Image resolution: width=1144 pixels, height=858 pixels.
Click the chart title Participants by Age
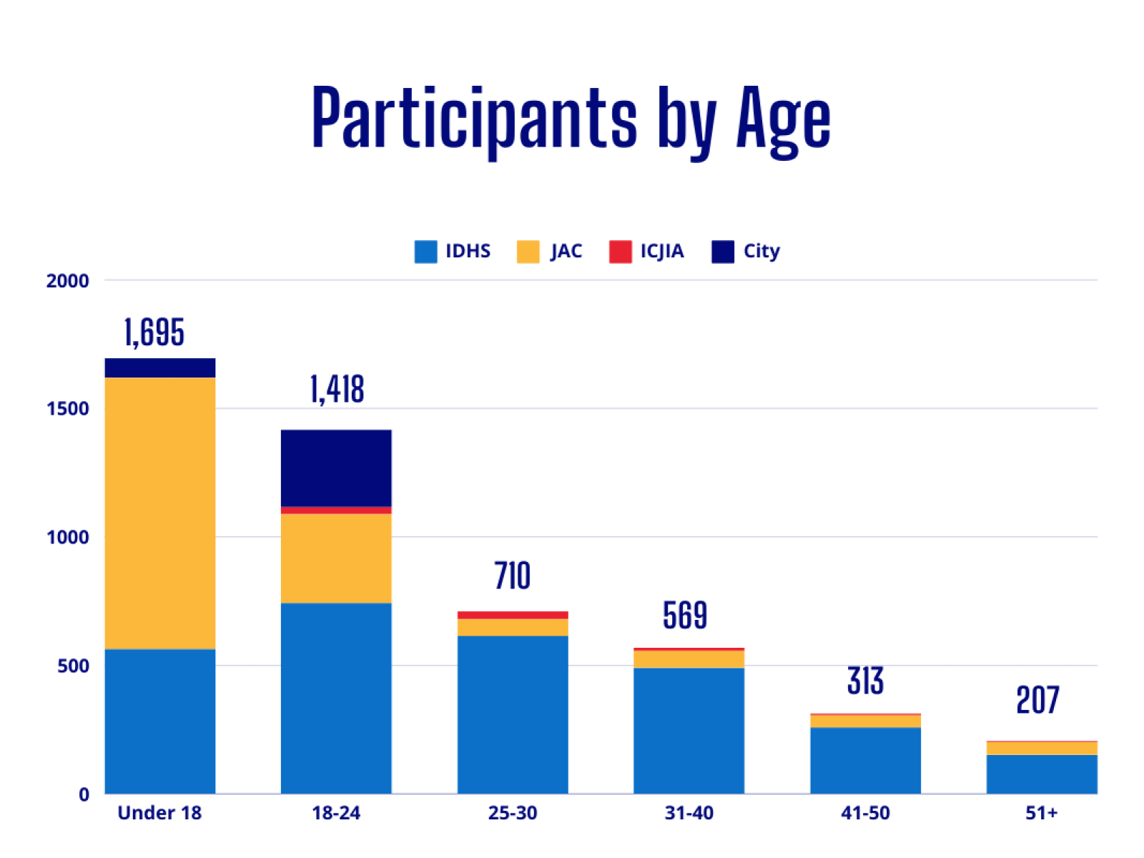point(571,118)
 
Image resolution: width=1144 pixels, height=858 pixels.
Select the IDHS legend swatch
point(425,252)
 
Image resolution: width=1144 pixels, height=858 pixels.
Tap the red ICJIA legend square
point(620,252)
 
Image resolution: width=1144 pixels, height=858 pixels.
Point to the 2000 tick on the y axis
point(68,280)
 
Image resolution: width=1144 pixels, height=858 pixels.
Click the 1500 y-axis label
point(68,408)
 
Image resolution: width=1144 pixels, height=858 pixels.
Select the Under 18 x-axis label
point(159,813)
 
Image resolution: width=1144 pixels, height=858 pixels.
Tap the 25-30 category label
point(513,813)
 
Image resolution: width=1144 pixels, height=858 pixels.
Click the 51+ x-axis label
point(1041,813)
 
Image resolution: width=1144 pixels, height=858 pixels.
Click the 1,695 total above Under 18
point(154,332)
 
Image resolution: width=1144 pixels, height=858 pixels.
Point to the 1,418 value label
point(337,390)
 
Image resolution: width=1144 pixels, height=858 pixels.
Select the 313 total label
point(865,681)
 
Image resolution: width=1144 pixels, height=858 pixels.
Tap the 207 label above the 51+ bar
point(1037,700)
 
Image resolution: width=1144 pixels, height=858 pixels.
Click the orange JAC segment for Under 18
point(160,513)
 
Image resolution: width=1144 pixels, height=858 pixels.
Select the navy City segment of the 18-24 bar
point(336,468)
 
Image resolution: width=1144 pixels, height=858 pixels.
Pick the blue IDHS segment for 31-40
point(689,730)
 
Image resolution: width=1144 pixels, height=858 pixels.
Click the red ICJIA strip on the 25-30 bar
point(513,615)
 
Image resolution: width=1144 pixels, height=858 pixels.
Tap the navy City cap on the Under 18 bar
point(160,368)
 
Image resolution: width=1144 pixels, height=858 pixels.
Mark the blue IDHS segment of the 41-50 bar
point(865,760)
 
